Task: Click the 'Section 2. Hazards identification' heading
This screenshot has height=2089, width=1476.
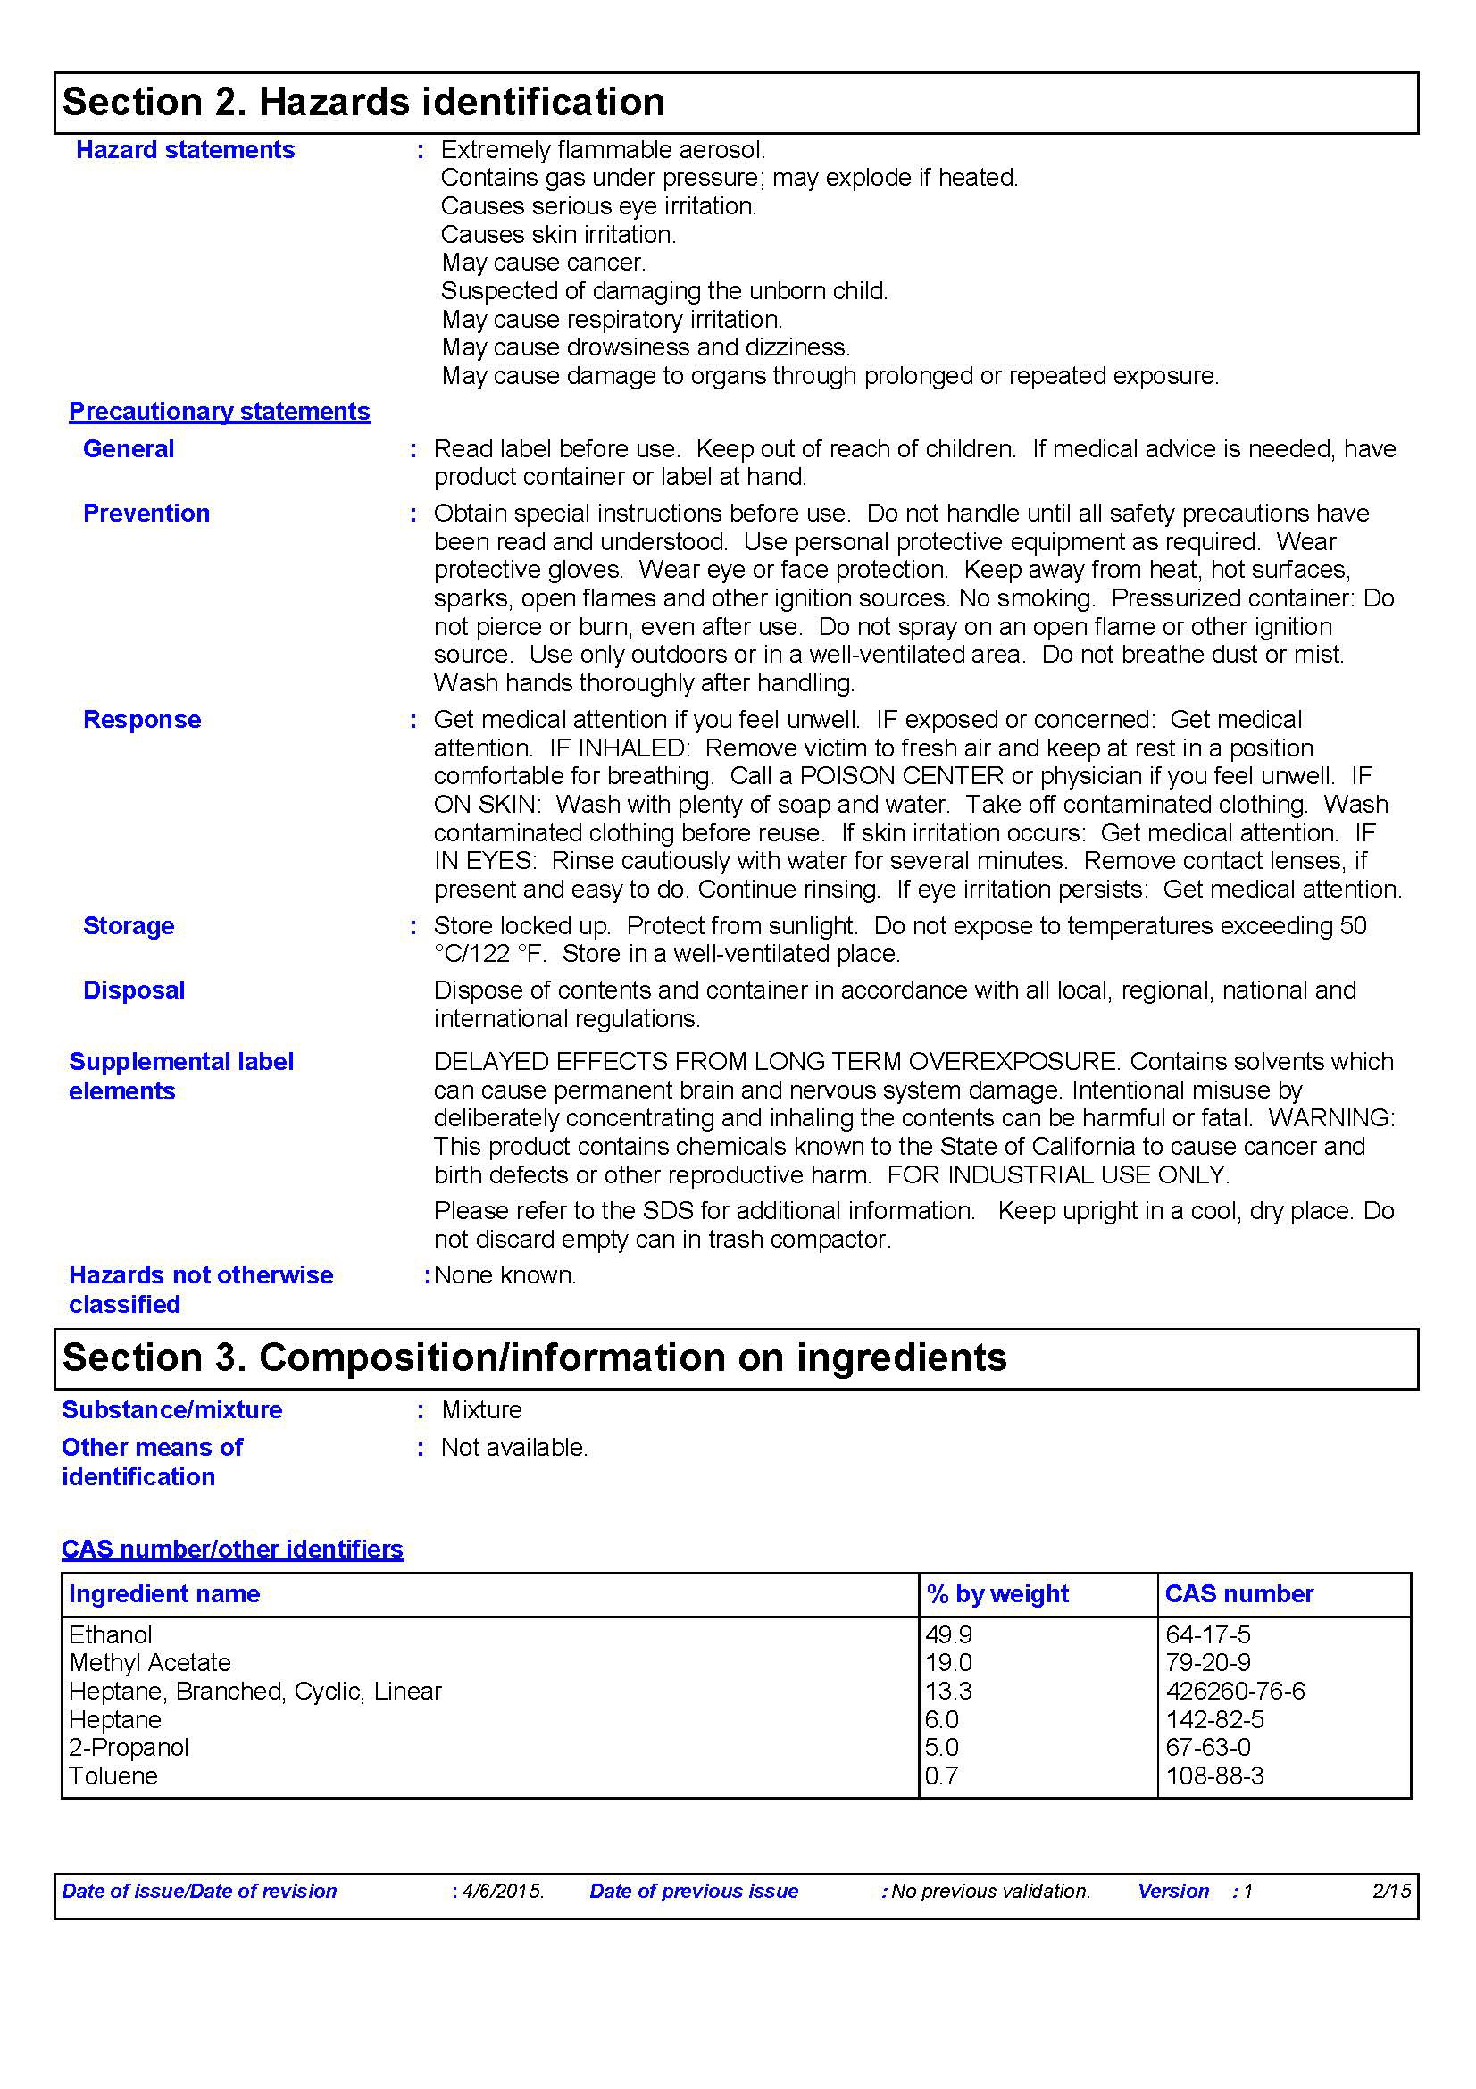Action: click(363, 102)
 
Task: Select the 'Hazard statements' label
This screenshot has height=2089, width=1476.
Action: click(185, 150)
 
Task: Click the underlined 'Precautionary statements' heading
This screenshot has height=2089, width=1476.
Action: click(219, 411)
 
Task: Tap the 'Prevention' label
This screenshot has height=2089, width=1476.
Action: click(146, 514)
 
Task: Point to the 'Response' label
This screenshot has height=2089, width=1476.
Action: click(142, 720)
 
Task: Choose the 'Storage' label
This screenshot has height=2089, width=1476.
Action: click(129, 926)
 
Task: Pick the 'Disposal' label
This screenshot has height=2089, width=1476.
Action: click(134, 990)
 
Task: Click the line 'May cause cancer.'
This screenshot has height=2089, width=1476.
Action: click(543, 263)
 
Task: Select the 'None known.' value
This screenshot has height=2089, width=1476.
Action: click(505, 1275)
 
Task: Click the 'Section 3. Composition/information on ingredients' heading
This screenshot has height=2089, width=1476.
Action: click(535, 1358)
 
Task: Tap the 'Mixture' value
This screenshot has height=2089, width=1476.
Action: click(482, 1410)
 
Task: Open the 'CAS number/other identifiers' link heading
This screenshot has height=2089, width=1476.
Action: click(232, 1550)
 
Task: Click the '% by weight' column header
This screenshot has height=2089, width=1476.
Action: click(997, 1594)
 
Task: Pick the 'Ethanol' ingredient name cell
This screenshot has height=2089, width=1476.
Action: click(111, 1635)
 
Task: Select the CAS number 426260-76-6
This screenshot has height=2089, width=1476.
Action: click(1235, 1692)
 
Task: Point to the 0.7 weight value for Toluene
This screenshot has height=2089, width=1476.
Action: click(941, 1776)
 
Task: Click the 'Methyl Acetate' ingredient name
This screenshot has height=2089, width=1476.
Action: click(150, 1663)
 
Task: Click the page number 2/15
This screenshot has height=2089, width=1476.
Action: click(1390, 1892)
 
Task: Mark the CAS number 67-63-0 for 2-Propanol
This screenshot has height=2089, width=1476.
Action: click(1208, 1748)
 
